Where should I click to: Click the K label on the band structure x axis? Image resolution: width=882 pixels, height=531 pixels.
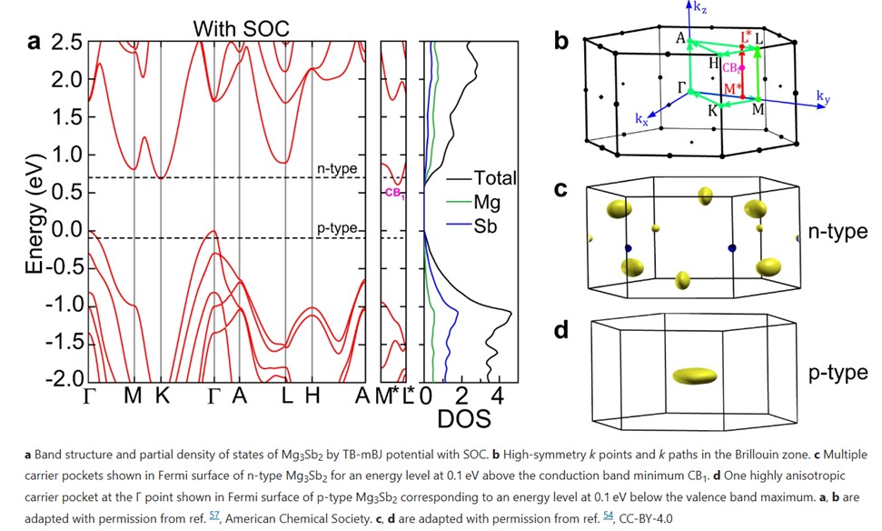tap(162, 397)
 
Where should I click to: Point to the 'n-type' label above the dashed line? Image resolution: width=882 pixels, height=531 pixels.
tap(337, 169)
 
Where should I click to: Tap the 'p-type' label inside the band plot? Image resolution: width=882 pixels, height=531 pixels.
tap(337, 227)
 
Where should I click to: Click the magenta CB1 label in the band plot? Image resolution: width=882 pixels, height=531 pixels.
tap(393, 193)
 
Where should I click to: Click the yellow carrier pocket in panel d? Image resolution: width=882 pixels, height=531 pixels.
tap(693, 375)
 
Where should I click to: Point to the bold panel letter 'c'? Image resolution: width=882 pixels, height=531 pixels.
tap(560, 191)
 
